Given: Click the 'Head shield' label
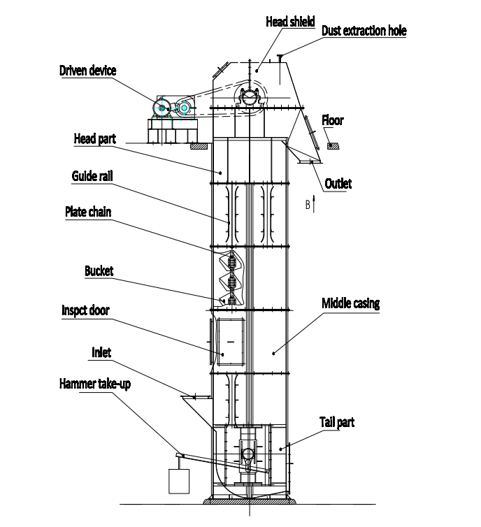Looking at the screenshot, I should pos(291,22).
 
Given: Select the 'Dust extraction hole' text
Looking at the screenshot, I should pos(364,31).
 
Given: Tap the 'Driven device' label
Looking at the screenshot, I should pos(87,71).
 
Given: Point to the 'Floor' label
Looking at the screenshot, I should pos(333,121).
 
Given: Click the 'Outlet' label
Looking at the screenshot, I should pos(338,184).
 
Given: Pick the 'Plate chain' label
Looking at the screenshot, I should pos(88,211).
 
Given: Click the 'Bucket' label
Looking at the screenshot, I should pos(99,270).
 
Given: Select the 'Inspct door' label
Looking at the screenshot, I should pos(85,310).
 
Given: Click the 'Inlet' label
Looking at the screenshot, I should pos(101,353).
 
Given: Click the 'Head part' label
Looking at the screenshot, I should pos(95,139).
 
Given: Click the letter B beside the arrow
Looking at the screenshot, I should pos(307,205).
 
